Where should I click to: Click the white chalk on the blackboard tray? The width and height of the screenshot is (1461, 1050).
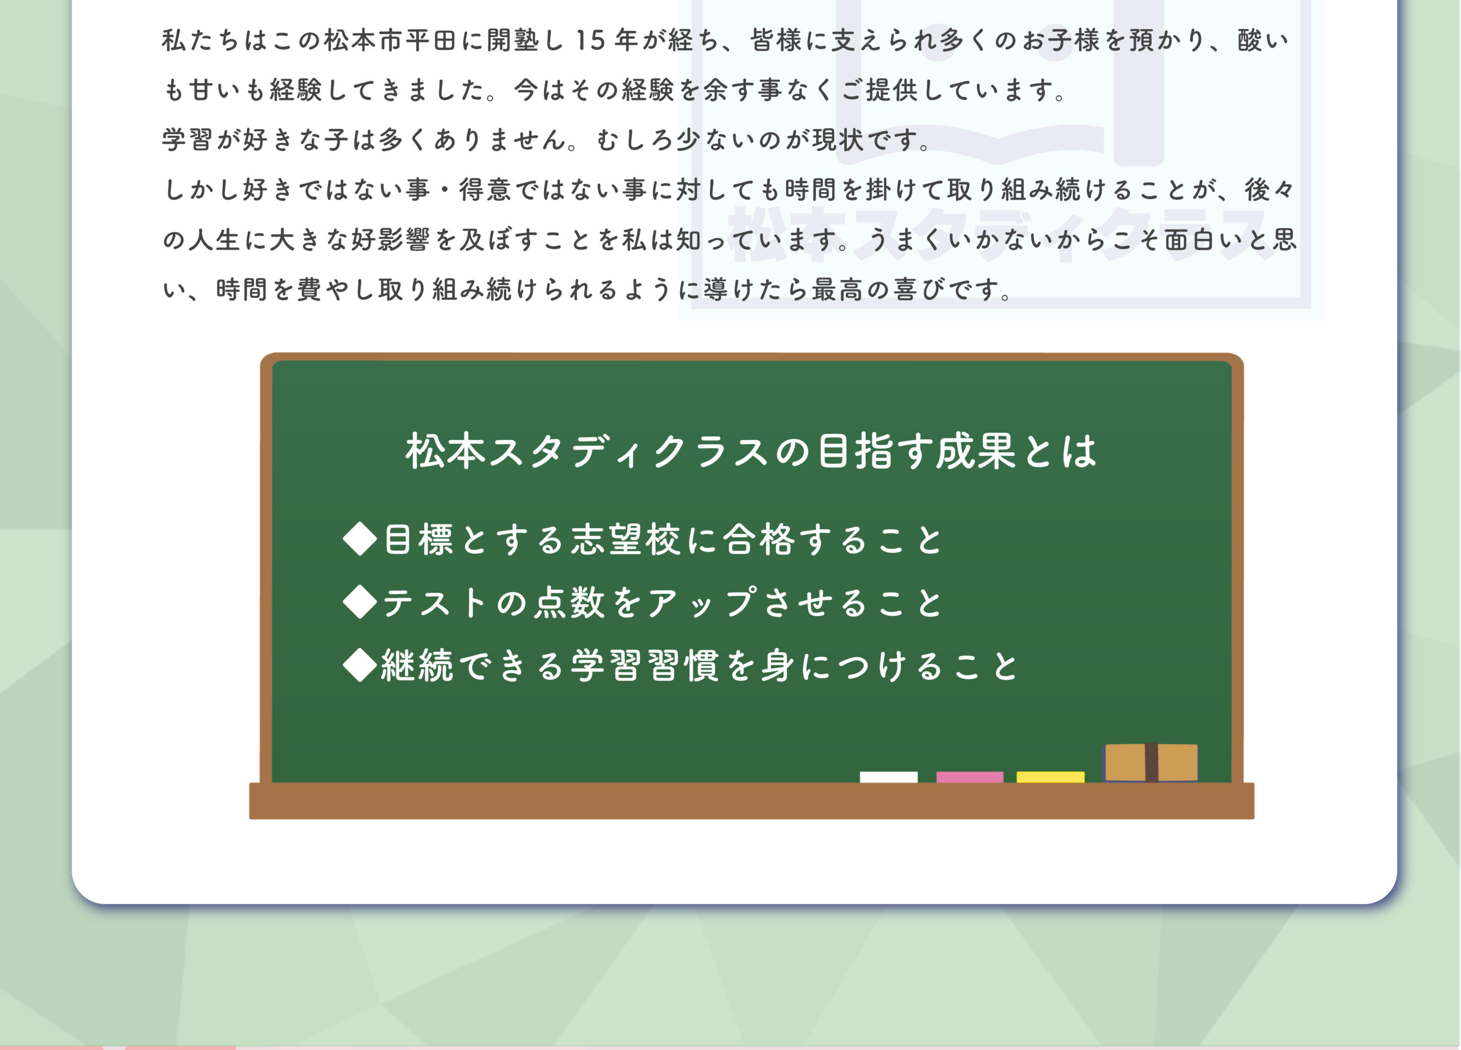click(889, 776)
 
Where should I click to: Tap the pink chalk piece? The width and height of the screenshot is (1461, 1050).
click(970, 776)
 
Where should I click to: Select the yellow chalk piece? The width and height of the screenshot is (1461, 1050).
click(1050, 776)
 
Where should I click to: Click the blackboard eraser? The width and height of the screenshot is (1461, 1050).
click(1151, 762)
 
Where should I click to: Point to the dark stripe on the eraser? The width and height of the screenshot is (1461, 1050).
click(1151, 762)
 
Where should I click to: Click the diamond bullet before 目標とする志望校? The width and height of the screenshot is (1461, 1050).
click(360, 539)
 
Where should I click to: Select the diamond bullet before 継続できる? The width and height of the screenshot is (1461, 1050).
click(360, 664)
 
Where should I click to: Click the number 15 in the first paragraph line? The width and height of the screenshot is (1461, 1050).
click(590, 40)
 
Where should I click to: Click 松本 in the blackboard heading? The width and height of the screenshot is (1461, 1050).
click(445, 450)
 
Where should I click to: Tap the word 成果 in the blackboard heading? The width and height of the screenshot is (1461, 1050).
click(976, 450)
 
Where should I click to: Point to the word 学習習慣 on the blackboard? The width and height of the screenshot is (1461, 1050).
click(645, 666)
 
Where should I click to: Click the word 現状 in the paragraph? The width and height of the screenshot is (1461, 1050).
click(837, 140)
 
